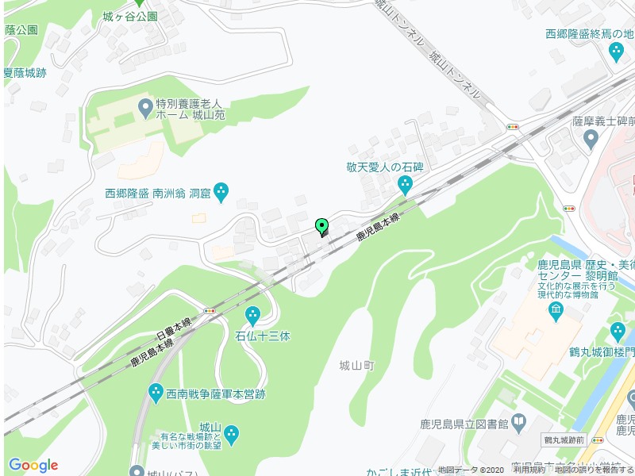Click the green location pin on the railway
point(321,227)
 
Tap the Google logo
point(33,465)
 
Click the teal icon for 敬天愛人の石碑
point(405,185)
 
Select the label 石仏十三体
point(263,336)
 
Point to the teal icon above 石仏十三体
point(253,315)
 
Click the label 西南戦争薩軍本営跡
point(215,393)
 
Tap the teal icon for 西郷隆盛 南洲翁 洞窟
point(221,191)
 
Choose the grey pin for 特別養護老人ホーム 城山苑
point(145,106)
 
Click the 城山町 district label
point(356,366)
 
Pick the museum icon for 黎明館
point(556,309)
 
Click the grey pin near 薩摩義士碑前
point(590,140)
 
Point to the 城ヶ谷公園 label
point(130,16)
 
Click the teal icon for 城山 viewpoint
point(231,433)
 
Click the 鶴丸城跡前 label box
point(564,440)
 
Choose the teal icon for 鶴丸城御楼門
point(618,331)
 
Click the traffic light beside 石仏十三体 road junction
point(210,311)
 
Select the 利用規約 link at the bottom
point(529,470)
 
